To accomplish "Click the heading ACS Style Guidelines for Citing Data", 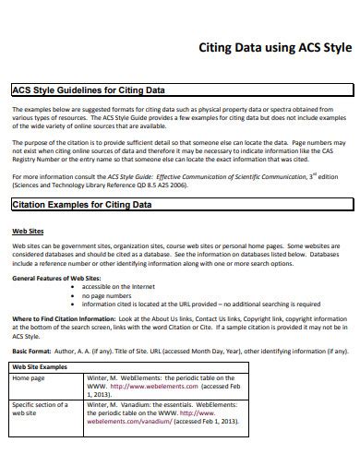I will [x=88, y=90].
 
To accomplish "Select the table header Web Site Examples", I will [x=41, y=366].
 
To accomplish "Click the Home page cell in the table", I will [x=29, y=378].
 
